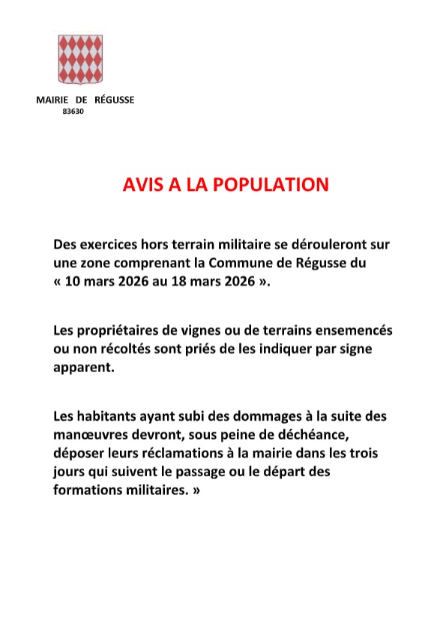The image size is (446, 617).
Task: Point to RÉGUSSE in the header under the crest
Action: click(115, 100)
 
